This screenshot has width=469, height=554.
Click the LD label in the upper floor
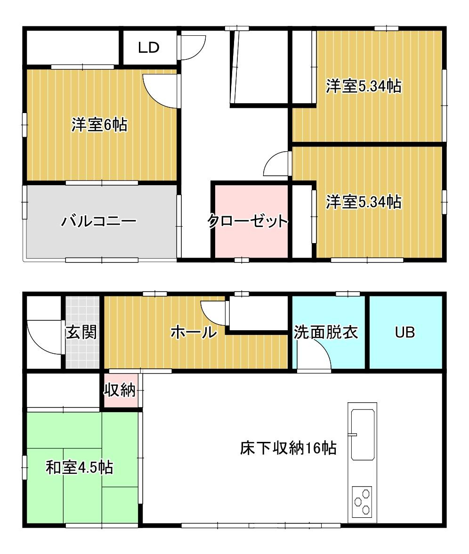point(149,47)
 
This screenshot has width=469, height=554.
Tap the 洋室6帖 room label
point(100,124)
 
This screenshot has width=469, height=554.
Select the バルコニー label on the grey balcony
point(99,221)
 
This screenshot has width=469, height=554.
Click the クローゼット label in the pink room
point(248,221)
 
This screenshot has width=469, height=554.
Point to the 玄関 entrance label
point(81,332)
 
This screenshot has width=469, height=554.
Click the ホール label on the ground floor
point(194,332)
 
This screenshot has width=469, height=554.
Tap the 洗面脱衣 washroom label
point(326,332)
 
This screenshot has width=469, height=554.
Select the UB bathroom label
point(405,332)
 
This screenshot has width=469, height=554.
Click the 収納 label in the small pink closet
point(120,390)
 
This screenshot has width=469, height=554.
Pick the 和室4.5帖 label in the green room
point(80,467)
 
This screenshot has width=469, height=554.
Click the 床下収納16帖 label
point(288,448)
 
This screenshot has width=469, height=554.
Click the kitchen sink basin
point(363,435)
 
